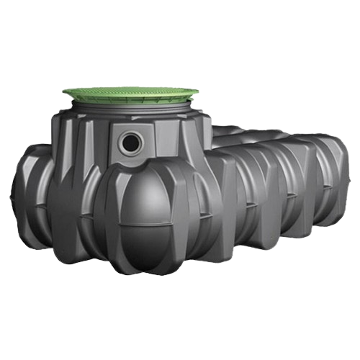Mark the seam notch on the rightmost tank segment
click(x=325, y=189)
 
